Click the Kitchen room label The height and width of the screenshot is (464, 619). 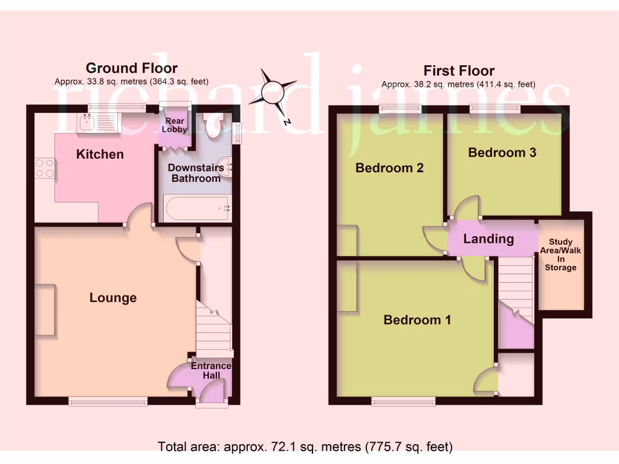tap(100, 154)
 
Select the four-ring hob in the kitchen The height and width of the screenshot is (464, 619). tap(44, 167)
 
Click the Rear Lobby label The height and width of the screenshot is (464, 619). tap(175, 125)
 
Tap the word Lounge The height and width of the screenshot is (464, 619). tap(113, 297)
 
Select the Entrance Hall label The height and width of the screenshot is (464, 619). tap(210, 370)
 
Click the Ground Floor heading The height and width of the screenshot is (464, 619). tap(131, 68)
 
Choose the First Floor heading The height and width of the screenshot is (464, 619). tap(459, 71)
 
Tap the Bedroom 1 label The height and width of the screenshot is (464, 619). tap(417, 320)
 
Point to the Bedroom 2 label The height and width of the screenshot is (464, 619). tap(389, 168)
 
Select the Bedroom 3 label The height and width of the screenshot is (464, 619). tap(502, 152)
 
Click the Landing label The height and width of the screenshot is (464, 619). tap(488, 239)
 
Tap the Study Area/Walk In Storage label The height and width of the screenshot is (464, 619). tap(560, 255)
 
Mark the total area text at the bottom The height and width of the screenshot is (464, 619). tap(305, 447)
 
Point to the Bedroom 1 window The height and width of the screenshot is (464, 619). tap(403, 401)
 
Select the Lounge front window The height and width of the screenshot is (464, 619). tap(108, 401)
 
